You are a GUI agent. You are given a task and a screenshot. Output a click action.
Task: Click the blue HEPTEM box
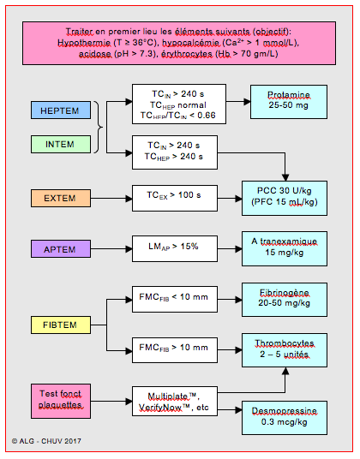[x=61, y=110]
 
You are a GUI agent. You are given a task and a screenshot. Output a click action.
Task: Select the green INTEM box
[x=61, y=144]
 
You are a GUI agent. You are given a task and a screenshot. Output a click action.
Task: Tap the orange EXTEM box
[x=61, y=198]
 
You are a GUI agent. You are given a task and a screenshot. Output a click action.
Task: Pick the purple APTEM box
[x=61, y=249]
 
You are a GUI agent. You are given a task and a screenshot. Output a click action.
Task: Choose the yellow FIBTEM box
[x=61, y=325]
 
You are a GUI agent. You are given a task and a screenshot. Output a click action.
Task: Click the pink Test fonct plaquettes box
[x=61, y=401]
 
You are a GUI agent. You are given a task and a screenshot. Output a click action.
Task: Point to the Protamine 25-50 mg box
[x=289, y=102]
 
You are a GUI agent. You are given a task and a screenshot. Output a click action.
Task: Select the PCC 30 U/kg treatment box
[x=285, y=198]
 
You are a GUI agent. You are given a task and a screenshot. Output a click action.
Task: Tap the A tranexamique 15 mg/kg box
[x=285, y=249]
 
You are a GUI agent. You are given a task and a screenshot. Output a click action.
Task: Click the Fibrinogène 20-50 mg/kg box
[x=285, y=300]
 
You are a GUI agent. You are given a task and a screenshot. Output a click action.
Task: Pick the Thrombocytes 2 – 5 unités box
[x=285, y=350]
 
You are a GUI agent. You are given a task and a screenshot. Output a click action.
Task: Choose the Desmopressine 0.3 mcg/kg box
[x=285, y=418]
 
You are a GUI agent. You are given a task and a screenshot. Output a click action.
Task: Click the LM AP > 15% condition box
[x=175, y=248]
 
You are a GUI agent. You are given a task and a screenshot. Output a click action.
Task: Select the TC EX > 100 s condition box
[x=175, y=198]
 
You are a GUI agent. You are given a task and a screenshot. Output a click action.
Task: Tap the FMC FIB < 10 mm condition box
[x=175, y=299]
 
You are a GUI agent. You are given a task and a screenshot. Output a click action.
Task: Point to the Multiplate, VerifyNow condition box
[x=175, y=401]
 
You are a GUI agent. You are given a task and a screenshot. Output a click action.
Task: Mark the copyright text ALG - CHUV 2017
[x=46, y=441]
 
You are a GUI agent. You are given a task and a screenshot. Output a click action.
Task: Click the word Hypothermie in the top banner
[x=84, y=43]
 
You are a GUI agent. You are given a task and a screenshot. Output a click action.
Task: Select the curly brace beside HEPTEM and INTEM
[x=99, y=127]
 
